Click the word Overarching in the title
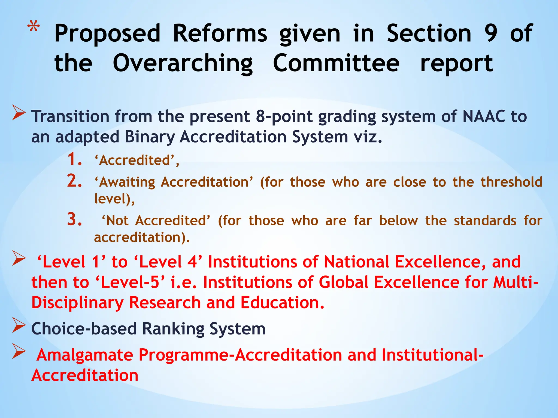pyautogui.click(x=183, y=63)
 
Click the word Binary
pyautogui.click(x=149, y=137)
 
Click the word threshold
pyautogui.click(x=511, y=182)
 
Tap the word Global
pyautogui.click(x=343, y=282)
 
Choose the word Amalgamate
pyautogui.click(x=84, y=355)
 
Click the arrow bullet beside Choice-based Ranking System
pyautogui.click(x=19, y=326)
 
